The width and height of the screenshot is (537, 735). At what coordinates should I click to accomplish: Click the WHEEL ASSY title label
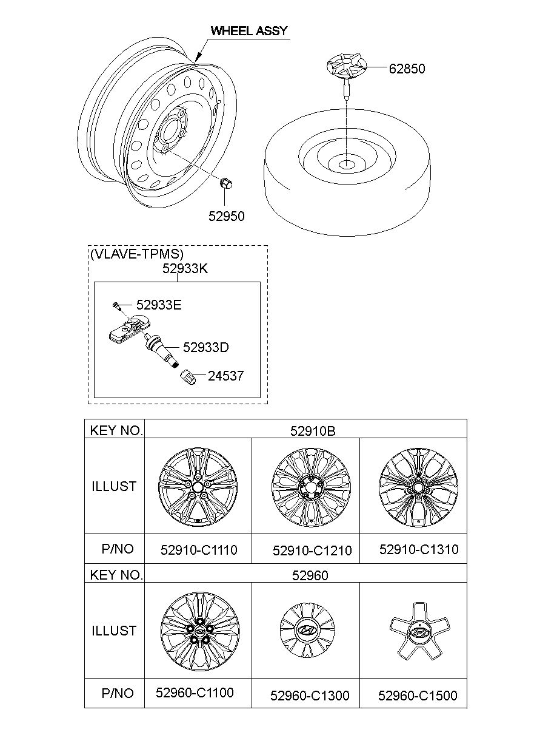[x=249, y=31]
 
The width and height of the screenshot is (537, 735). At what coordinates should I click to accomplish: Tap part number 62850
[x=407, y=69]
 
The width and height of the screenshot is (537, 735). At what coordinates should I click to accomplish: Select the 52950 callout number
[x=227, y=216]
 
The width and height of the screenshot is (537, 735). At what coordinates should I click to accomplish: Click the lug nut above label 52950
[x=225, y=183]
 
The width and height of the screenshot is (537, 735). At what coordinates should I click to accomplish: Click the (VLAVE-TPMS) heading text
[x=136, y=254]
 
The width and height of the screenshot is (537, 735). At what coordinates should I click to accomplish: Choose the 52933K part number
[x=185, y=268]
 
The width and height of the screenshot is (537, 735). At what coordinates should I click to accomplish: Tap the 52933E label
[x=159, y=305]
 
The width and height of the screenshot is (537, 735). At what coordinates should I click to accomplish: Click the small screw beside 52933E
[x=116, y=306]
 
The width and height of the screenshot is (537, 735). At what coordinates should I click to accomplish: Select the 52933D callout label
[x=205, y=347]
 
